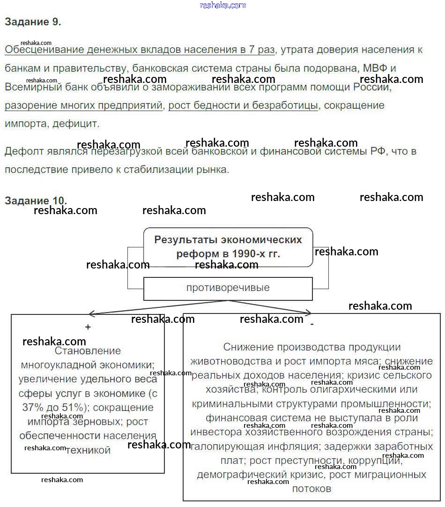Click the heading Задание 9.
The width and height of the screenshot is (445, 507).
pyautogui.click(x=33, y=22)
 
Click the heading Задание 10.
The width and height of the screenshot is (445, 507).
pyautogui.click(x=36, y=200)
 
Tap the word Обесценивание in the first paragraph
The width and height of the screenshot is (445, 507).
pyautogui.click(x=44, y=50)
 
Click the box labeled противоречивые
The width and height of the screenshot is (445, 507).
pyautogui.click(x=228, y=288)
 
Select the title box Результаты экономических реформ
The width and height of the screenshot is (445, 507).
pyautogui.click(x=228, y=247)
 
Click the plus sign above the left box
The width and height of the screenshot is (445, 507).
pyautogui.click(x=88, y=328)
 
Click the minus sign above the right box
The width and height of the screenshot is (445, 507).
pyautogui.click(x=312, y=324)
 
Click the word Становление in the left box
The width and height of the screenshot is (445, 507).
pyautogui.click(x=88, y=350)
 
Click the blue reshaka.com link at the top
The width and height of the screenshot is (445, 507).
pyautogui.click(x=222, y=5)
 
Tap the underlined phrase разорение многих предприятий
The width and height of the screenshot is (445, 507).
pyautogui.click(x=83, y=105)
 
